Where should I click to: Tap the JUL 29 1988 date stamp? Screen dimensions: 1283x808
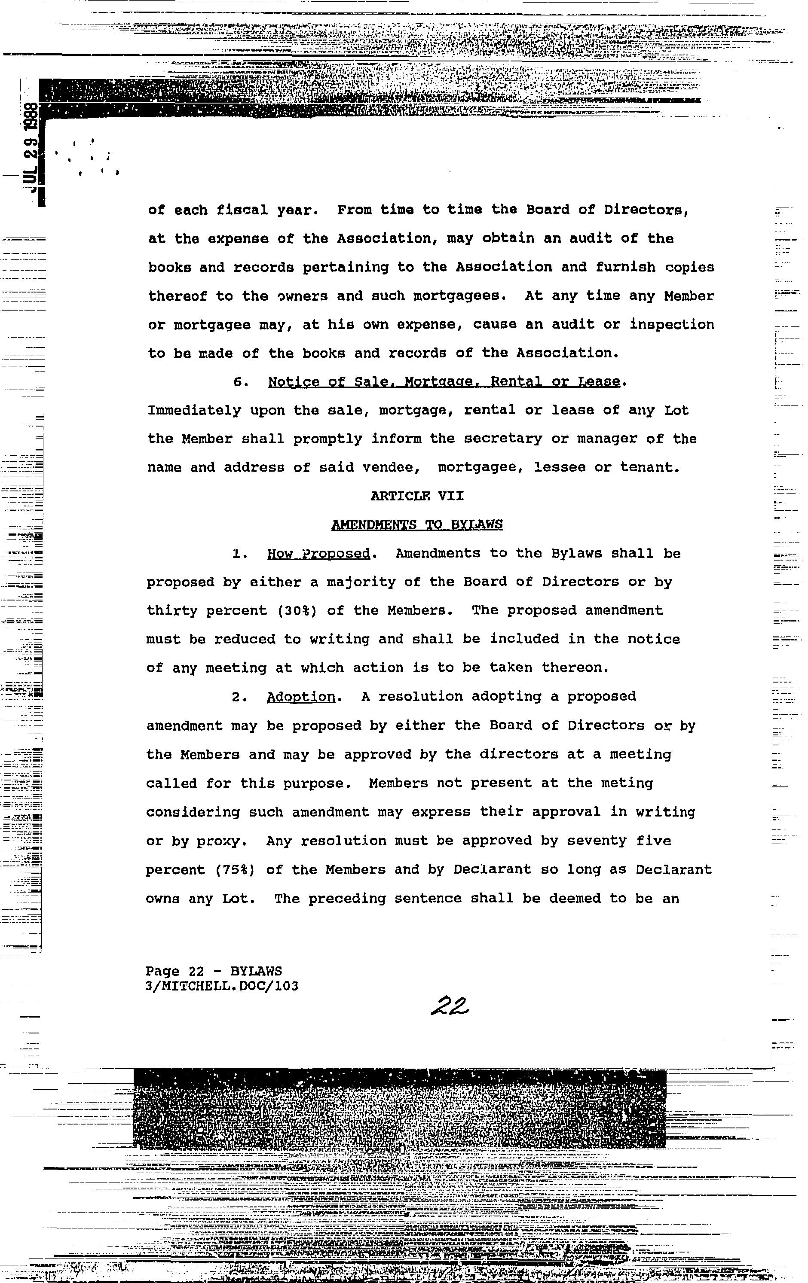point(32,146)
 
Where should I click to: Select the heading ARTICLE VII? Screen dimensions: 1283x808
point(417,496)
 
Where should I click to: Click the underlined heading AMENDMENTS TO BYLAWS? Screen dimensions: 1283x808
point(417,525)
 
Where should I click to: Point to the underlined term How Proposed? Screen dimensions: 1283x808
point(318,554)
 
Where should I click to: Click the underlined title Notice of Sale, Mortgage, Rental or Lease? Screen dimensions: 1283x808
point(444,381)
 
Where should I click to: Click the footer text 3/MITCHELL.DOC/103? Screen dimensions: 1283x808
point(222,986)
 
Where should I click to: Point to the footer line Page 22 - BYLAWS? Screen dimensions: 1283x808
point(214,971)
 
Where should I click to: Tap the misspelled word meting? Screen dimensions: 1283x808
point(632,783)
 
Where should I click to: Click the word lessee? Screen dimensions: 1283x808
point(560,468)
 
